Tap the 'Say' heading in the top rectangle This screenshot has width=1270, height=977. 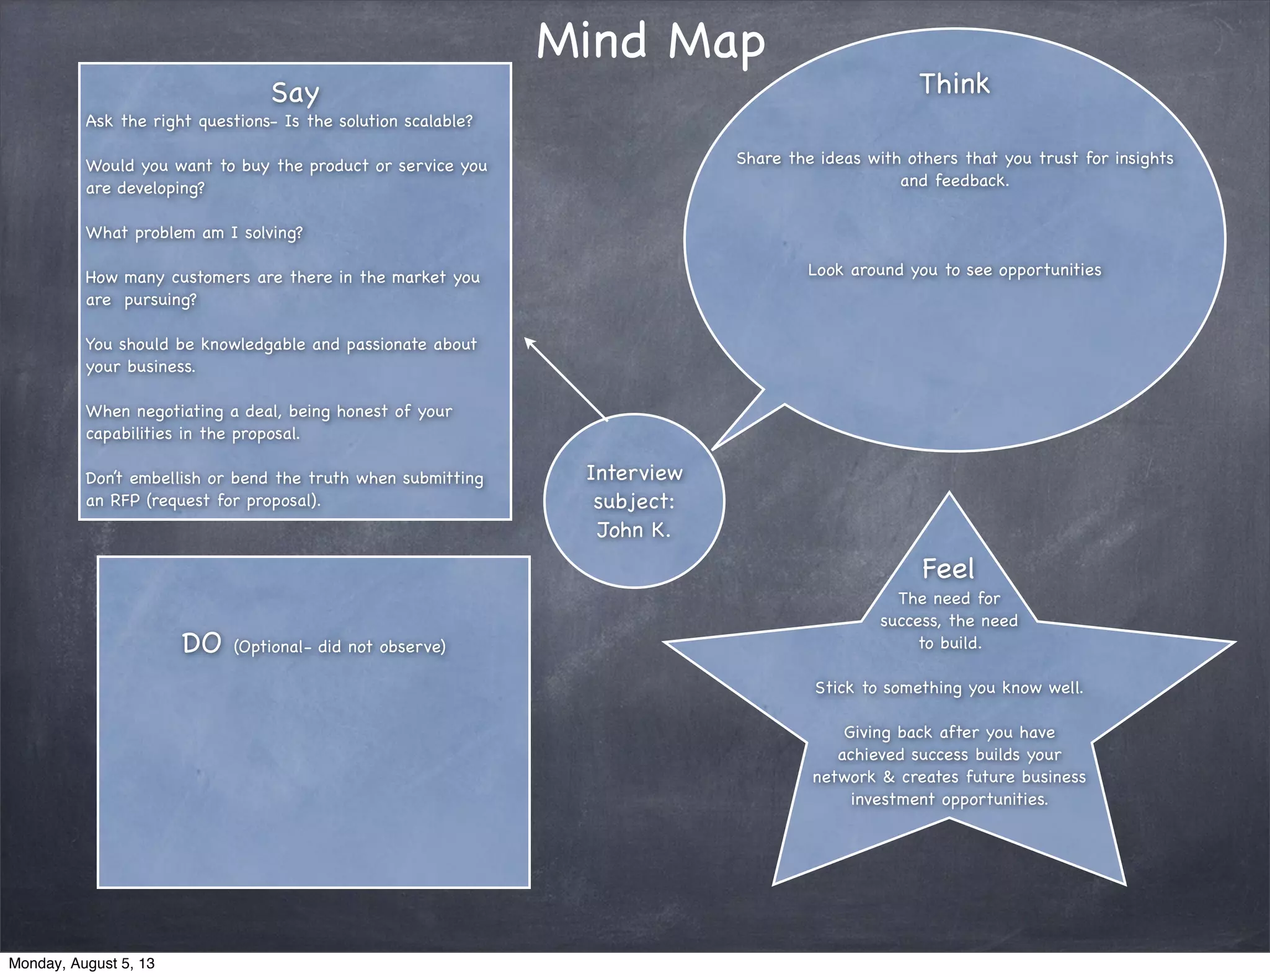[x=295, y=93]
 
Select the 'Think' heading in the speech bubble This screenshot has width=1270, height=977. [x=954, y=84]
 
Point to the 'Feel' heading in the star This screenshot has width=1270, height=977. [x=948, y=568]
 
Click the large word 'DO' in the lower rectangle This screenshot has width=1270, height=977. [x=202, y=643]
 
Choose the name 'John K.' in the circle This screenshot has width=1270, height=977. [x=634, y=530]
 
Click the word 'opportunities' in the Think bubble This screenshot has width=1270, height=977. [x=1050, y=270]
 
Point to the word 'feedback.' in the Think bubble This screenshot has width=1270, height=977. [x=972, y=181]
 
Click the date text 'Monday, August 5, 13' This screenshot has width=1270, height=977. [x=82, y=963]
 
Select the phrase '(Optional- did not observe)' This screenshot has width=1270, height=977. [x=339, y=647]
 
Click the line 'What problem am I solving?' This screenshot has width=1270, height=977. [x=194, y=233]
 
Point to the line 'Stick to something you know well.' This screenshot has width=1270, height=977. [x=949, y=688]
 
